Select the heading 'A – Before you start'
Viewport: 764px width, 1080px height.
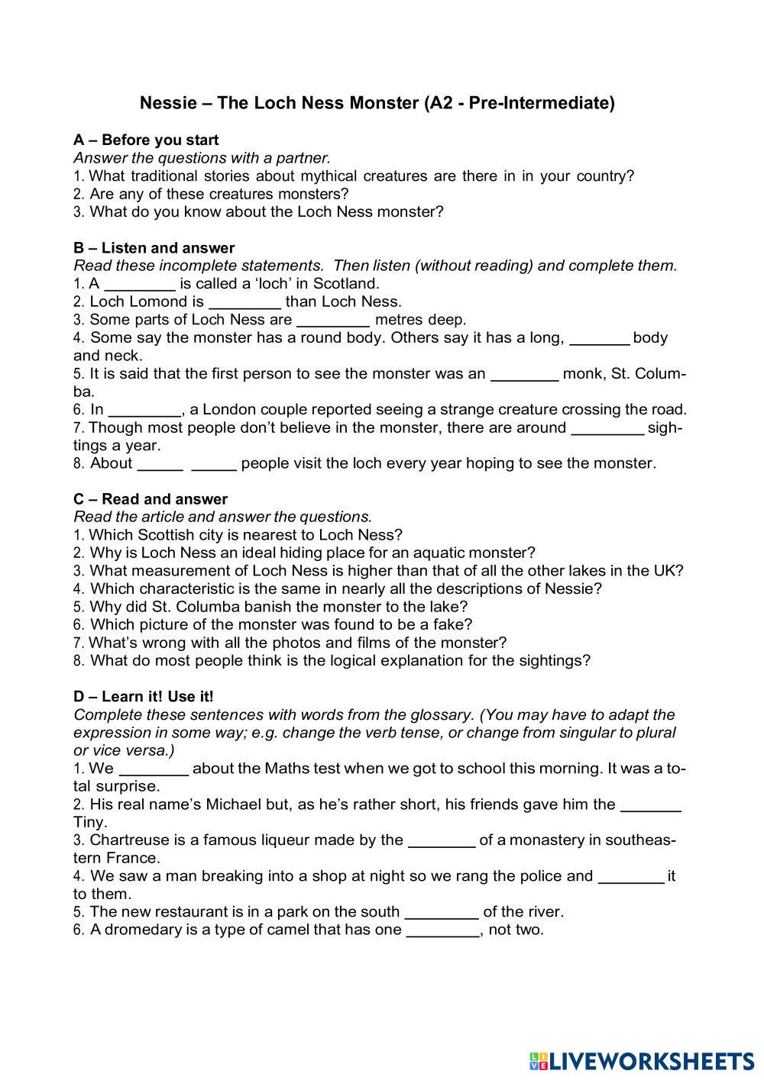pos(146,140)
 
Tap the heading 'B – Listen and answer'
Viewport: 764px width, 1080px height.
pos(154,247)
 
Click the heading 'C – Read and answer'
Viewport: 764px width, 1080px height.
pos(151,499)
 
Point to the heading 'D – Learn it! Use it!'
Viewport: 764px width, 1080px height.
pos(144,696)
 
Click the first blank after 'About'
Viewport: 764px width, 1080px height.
pos(160,464)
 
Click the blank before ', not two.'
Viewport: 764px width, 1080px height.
pos(442,930)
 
